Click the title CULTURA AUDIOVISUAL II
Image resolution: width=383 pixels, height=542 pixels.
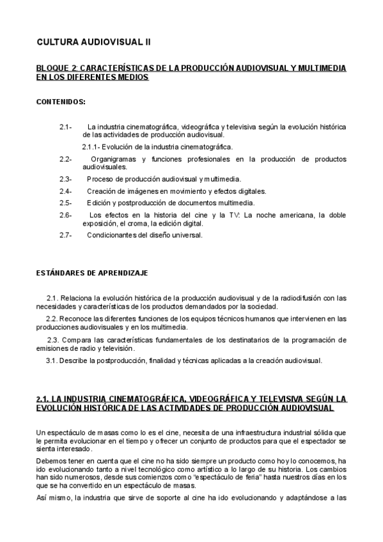click(x=94, y=43)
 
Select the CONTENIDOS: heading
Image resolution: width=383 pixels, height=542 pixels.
click(x=61, y=102)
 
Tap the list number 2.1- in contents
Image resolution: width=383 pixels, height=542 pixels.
click(x=65, y=127)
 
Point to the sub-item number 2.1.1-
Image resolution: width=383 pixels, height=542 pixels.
click(x=93, y=147)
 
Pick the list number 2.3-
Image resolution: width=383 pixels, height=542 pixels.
click(x=65, y=179)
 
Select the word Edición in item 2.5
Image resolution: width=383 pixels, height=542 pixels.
click(x=100, y=203)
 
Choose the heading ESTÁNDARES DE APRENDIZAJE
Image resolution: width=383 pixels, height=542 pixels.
click(x=92, y=273)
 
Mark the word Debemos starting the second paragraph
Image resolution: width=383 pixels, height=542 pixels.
click(x=51, y=460)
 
